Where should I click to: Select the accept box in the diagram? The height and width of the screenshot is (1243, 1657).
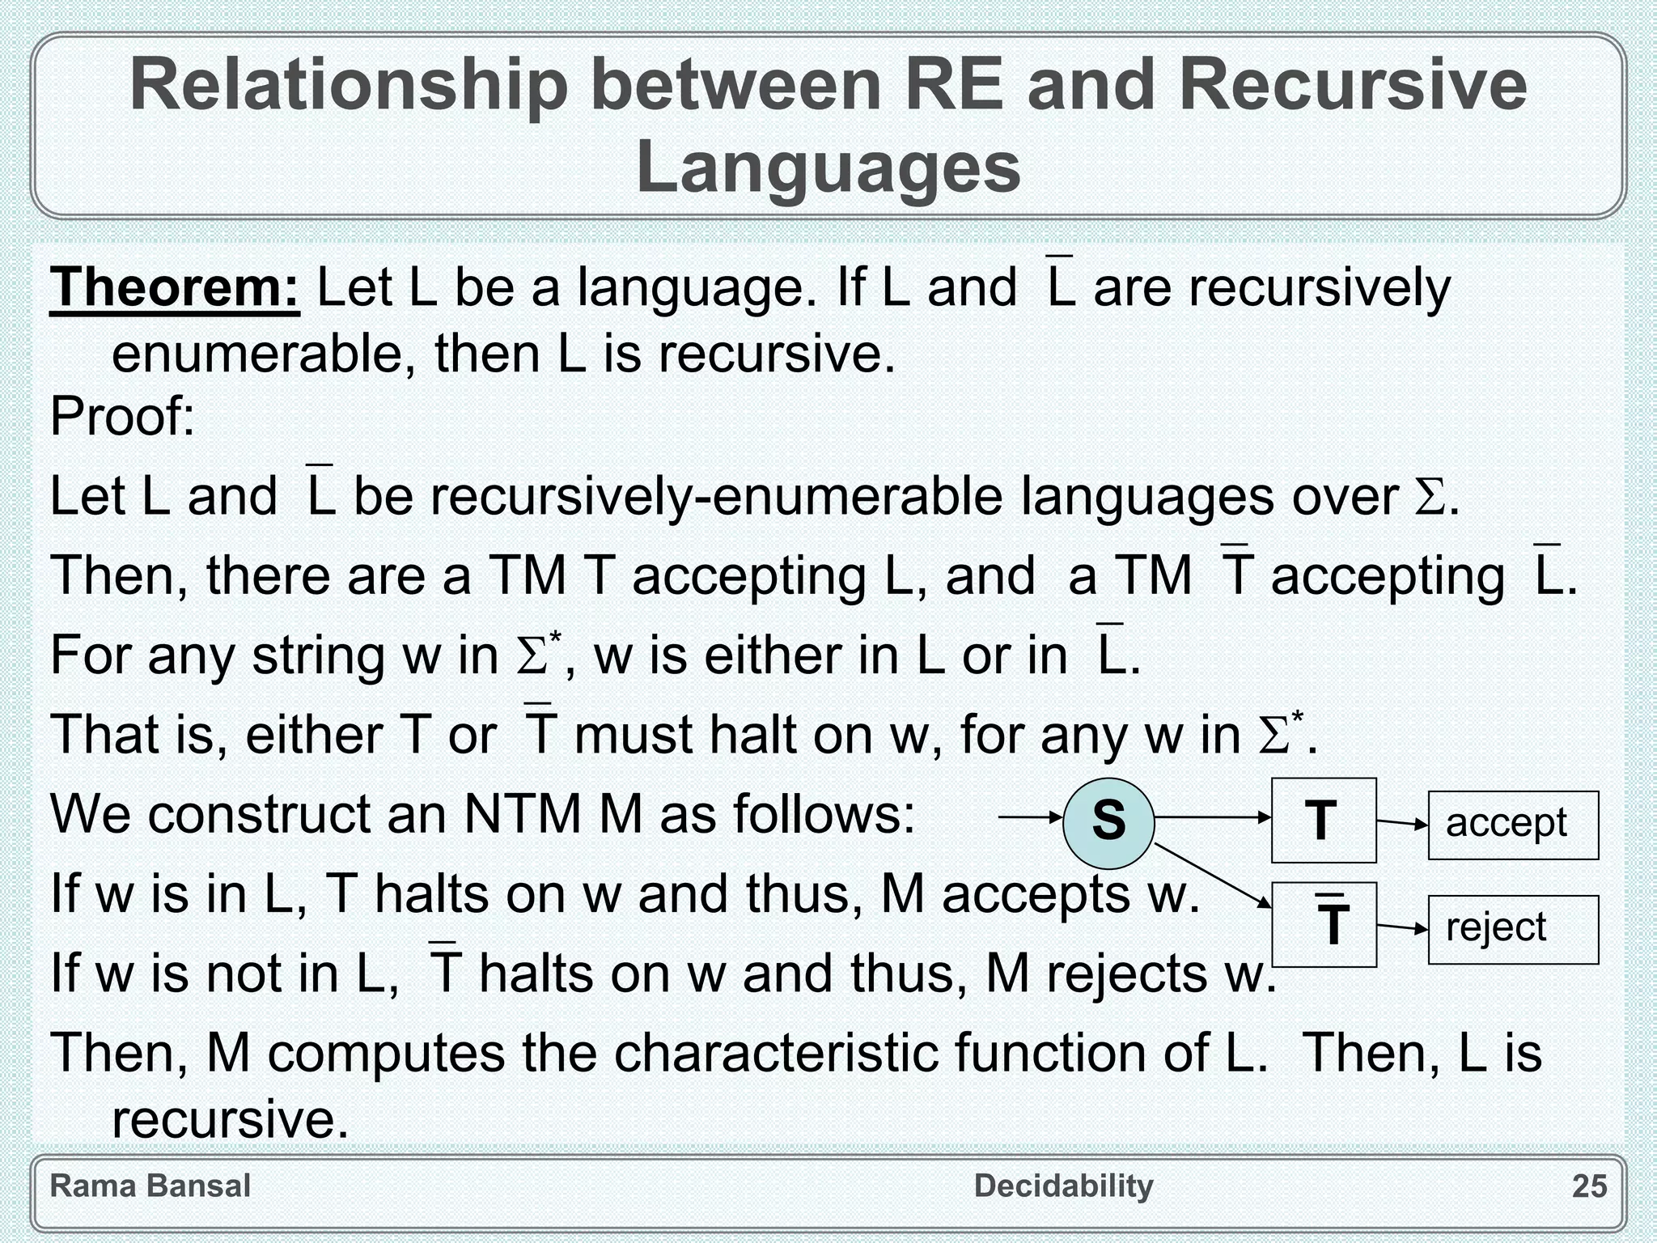1513,825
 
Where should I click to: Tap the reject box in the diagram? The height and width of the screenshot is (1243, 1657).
1513,929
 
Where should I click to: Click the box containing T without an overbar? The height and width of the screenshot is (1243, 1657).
1323,821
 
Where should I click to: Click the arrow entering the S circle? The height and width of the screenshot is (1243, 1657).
1030,818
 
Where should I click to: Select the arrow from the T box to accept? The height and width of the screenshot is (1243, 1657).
1402,824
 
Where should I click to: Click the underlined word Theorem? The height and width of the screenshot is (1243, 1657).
175,288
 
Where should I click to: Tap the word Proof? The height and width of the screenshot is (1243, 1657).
122,417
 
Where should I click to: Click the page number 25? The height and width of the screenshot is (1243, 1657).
1589,1186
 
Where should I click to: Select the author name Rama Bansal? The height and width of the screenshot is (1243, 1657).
150,1186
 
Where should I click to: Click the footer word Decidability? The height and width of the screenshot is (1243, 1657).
1063,1186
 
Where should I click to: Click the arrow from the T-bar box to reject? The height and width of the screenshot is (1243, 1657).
1402,927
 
